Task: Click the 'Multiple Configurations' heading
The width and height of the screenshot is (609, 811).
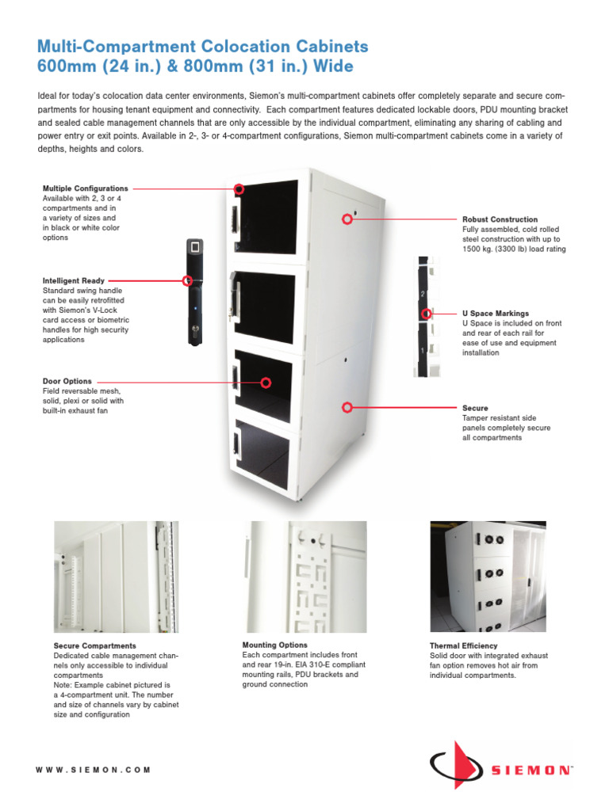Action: [x=85, y=188]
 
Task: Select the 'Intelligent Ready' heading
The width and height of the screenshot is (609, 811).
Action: [x=73, y=280]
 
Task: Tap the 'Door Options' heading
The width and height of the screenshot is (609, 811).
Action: [x=67, y=381]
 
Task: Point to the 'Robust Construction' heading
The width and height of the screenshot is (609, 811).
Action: [x=500, y=219]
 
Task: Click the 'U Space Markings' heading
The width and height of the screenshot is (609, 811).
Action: [x=495, y=314]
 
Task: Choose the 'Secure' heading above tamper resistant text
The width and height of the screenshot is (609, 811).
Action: [x=475, y=408]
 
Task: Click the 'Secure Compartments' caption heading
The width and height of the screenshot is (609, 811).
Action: [x=94, y=646]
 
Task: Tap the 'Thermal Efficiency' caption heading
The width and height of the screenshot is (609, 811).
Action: [x=463, y=646]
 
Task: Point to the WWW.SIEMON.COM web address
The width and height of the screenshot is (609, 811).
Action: [x=94, y=770]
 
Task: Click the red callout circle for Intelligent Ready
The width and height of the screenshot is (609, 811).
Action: [x=188, y=280]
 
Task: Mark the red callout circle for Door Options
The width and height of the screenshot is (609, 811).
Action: [x=266, y=382]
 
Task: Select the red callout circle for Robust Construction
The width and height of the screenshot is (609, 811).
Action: [x=347, y=219]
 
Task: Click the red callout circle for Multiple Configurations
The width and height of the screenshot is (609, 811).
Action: [x=239, y=188]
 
